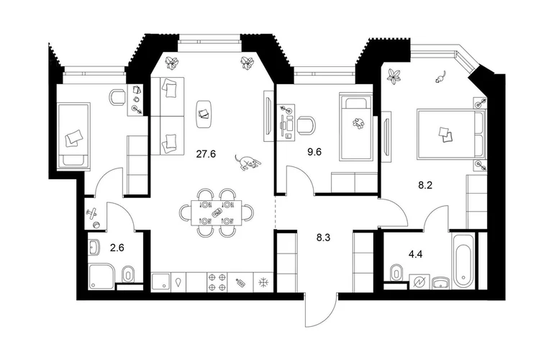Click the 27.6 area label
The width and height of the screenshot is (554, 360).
206,154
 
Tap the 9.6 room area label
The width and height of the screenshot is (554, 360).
314,153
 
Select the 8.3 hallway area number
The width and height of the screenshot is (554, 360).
323,238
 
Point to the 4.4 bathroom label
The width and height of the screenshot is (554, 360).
416,254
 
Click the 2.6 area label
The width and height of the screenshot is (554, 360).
117,248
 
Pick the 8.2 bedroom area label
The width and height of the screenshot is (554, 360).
425,185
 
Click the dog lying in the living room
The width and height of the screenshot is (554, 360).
248,162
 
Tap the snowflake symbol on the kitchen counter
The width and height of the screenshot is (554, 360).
263,282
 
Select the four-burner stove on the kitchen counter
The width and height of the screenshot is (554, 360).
217,282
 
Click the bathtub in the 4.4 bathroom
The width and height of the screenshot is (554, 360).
463,261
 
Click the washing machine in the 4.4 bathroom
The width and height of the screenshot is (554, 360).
419,282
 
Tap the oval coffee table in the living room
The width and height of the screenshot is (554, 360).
204,114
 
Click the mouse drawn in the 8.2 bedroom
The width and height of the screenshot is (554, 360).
440,77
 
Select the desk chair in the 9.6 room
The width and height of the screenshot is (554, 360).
306,125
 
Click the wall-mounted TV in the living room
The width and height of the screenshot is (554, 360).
268,116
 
